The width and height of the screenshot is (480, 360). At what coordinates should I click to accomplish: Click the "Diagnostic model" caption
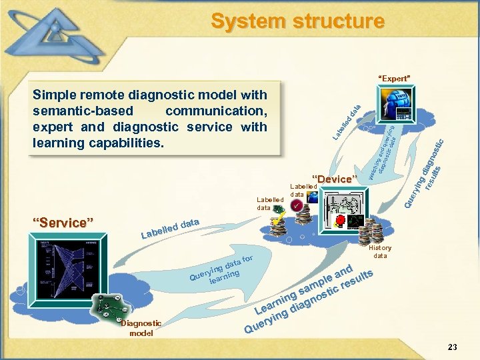[141, 327]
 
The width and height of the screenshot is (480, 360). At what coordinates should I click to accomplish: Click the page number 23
[453, 347]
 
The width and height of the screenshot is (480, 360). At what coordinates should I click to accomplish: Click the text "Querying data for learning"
[220, 270]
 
